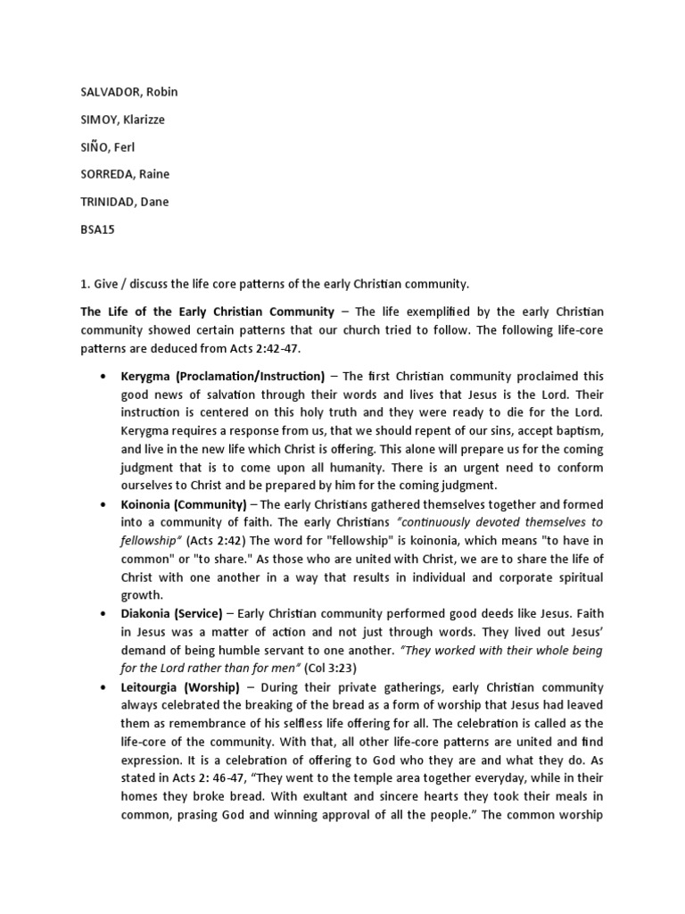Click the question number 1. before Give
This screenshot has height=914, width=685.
click(x=86, y=284)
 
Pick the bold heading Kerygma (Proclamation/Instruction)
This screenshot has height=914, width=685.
click(x=223, y=377)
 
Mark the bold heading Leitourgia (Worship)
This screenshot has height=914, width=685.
click(x=181, y=687)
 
